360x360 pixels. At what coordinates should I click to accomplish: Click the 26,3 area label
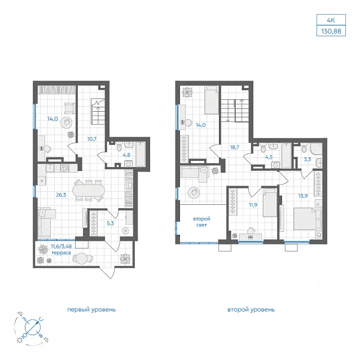[61, 195]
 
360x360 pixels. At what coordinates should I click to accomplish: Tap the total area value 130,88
[331, 31]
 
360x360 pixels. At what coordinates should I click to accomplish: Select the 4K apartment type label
[331, 20]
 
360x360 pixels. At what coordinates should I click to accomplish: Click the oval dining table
[89, 190]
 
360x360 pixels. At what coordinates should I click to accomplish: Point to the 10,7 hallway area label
[91, 139]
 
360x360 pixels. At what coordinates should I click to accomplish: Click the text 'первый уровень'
[91, 309]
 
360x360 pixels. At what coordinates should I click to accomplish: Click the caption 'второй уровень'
[251, 309]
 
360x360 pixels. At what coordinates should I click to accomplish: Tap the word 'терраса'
[61, 253]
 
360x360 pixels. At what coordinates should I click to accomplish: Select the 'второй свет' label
[201, 222]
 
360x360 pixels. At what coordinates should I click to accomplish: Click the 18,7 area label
[235, 147]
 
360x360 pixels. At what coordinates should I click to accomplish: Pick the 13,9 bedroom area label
[303, 196]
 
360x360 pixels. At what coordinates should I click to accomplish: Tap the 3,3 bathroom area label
[308, 159]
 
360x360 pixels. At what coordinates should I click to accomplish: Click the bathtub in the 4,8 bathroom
[141, 154]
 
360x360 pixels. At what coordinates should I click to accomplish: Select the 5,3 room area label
[110, 223]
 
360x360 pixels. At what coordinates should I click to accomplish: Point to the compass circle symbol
[33, 327]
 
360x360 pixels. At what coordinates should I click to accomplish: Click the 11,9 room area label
[253, 205]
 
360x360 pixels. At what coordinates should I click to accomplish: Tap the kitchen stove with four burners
[64, 168]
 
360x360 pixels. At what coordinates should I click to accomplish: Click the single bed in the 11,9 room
[270, 203]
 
